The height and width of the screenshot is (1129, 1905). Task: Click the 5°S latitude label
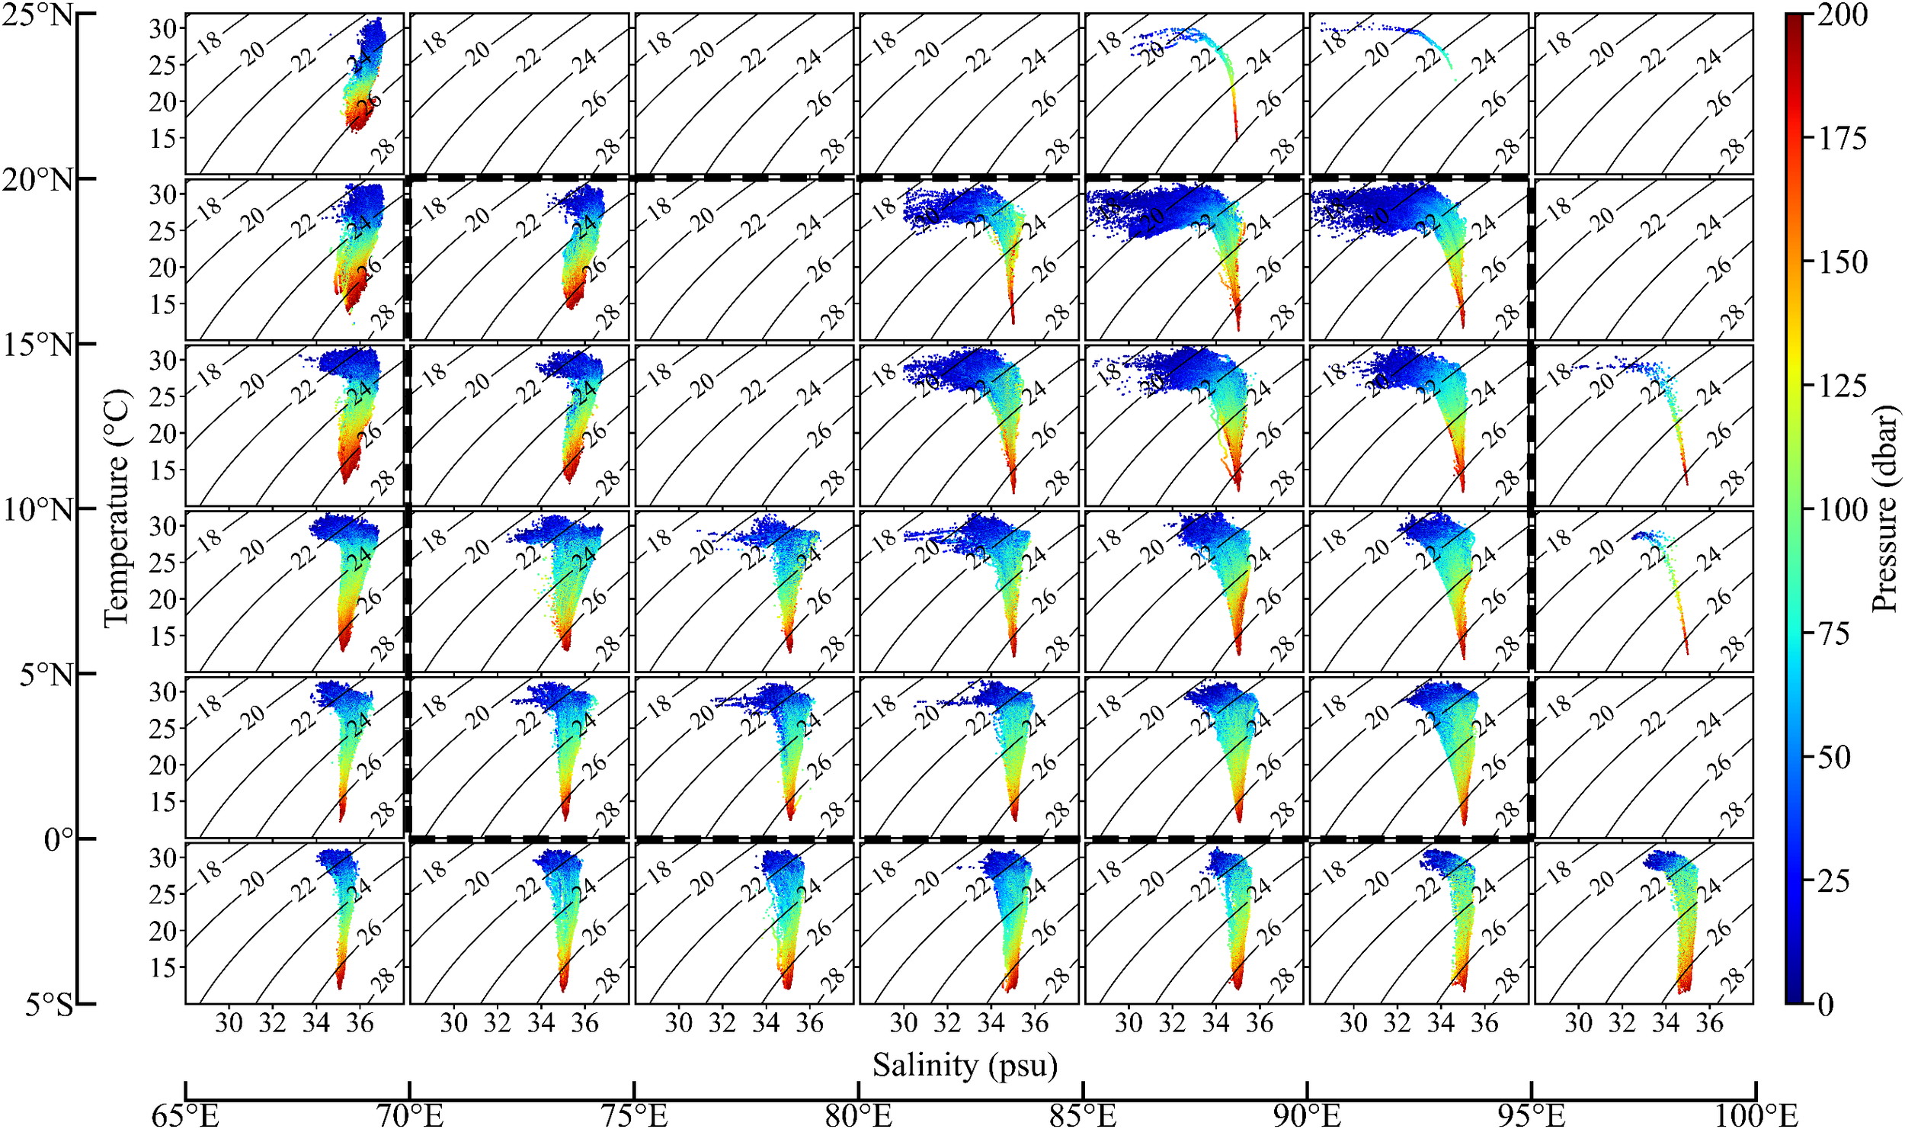(x=48, y=1005)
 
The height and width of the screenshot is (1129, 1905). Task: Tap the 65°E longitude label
(x=185, y=1115)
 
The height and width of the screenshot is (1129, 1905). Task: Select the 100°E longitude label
(x=1755, y=1115)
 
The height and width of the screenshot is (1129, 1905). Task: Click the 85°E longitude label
(x=1083, y=1115)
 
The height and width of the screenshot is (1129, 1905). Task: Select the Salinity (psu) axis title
(x=965, y=1064)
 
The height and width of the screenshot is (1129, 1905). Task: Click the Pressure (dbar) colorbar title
(x=1884, y=509)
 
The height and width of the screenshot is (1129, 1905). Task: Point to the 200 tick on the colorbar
(x=1843, y=14)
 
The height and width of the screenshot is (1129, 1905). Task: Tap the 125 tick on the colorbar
(x=1843, y=386)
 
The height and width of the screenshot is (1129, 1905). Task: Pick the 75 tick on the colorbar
(x=1834, y=633)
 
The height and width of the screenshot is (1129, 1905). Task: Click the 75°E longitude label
(x=634, y=1115)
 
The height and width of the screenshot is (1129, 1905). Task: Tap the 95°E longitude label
(x=1531, y=1115)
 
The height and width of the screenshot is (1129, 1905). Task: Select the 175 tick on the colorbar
(x=1843, y=138)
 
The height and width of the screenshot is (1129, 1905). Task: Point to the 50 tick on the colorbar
(x=1834, y=757)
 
